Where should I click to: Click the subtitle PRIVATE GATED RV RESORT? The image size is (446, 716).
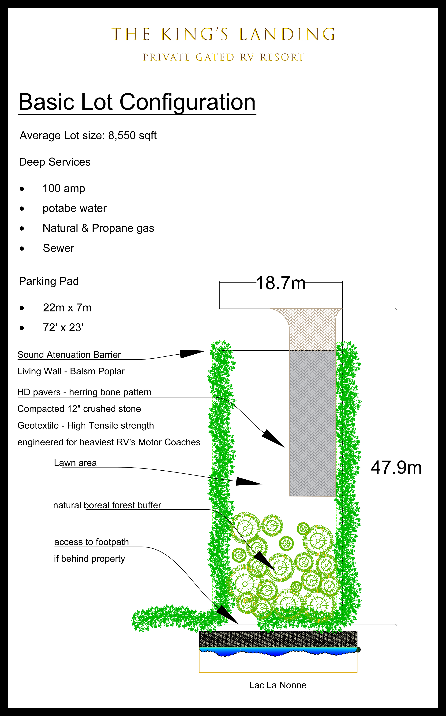click(x=223, y=57)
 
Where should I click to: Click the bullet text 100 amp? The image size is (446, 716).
click(x=64, y=188)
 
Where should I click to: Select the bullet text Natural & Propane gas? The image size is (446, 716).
click(x=98, y=228)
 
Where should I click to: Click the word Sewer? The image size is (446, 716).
click(x=58, y=248)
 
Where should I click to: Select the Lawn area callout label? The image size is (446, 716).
click(x=75, y=463)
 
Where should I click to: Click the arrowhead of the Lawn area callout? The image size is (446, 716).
click(x=251, y=482)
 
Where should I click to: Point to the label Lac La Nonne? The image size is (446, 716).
click(x=277, y=685)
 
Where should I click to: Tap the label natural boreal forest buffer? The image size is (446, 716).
click(x=107, y=505)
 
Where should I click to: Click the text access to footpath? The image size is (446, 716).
click(x=91, y=542)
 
